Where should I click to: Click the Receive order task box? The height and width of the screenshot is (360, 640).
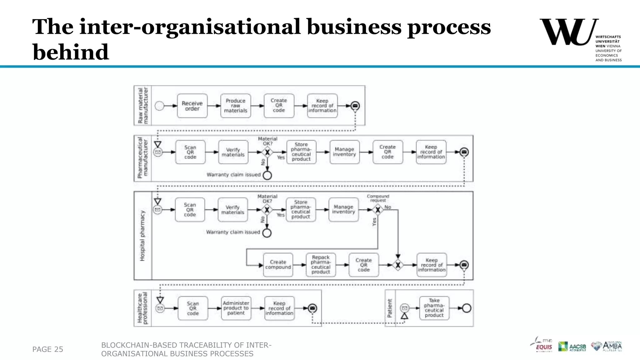192,106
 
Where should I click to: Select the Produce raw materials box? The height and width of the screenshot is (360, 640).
235,106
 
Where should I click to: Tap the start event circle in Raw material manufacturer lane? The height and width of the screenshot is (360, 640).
159,106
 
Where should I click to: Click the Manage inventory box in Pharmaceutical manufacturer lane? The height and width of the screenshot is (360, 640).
344,152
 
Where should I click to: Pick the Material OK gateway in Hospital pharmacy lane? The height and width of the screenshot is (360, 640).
267,210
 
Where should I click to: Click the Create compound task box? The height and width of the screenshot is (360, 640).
278,265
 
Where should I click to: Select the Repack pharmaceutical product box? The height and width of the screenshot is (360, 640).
321,265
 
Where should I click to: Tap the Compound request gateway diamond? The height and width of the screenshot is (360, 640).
378,210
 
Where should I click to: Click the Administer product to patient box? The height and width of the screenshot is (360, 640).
236,308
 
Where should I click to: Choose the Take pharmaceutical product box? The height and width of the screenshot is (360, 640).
434,308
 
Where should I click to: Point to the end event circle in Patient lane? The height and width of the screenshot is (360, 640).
466,308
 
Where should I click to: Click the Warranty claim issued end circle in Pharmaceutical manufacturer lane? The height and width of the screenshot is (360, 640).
267,175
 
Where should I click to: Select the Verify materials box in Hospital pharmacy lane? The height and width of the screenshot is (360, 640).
232,210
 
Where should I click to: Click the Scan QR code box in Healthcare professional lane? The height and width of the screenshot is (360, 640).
193,308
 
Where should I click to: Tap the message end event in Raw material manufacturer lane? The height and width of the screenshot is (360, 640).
355,106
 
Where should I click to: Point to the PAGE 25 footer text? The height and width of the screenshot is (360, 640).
47,349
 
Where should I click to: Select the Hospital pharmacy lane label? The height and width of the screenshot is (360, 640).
142,236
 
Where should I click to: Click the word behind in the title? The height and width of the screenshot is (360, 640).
71,52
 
